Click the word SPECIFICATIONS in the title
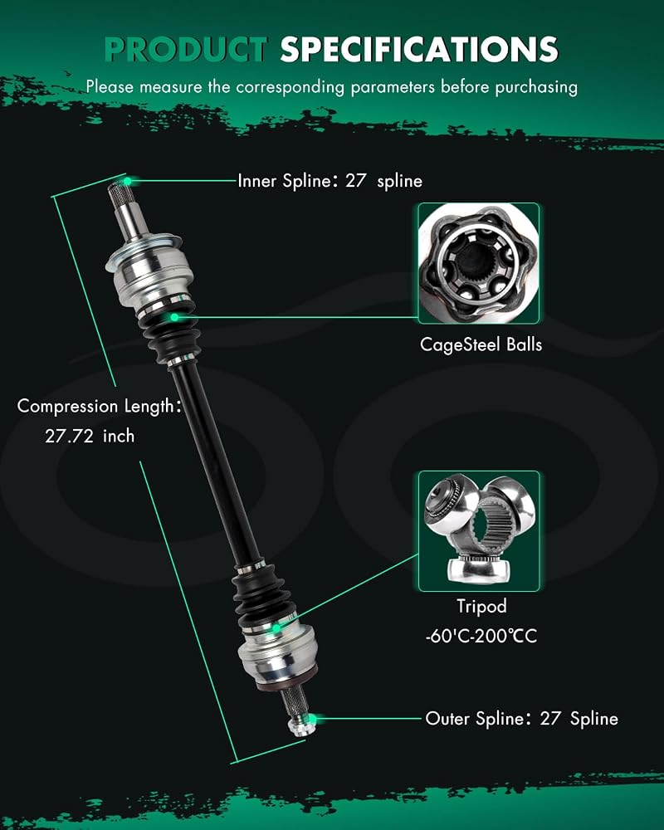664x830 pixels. click(x=419, y=49)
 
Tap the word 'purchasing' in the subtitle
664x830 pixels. click(x=536, y=87)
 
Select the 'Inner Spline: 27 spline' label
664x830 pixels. click(x=330, y=181)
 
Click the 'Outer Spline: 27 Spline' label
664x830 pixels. click(x=521, y=718)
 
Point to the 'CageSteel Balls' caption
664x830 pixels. click(x=481, y=344)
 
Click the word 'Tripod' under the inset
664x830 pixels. click(x=481, y=606)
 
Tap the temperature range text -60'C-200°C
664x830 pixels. click(x=481, y=635)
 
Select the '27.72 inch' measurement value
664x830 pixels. click(x=90, y=437)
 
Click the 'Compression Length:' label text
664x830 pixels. click(x=99, y=406)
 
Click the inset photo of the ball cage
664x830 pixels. click(x=479, y=264)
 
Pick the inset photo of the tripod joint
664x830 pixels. click(x=479, y=531)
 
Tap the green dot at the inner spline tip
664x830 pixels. click(x=128, y=182)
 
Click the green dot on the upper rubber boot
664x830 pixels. click(x=174, y=317)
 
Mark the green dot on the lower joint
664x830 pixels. click(x=276, y=628)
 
